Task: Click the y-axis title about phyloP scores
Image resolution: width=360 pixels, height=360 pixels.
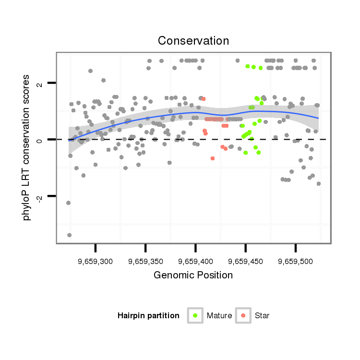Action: [27, 147]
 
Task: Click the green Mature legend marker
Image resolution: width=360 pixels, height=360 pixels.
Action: [195, 315]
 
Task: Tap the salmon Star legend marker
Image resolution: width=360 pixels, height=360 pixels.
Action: [243, 315]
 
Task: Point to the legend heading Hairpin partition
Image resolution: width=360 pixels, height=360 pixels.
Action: [148, 316]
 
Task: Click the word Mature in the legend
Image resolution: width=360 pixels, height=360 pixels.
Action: [219, 316]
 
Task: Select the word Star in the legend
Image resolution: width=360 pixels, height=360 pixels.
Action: [262, 316]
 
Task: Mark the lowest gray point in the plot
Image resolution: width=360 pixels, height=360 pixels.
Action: [69, 235]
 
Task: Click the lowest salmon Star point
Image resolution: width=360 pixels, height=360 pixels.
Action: [213, 158]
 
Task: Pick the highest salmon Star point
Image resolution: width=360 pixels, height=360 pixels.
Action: [204, 99]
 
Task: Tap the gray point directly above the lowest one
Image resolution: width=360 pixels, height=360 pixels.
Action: [68, 203]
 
